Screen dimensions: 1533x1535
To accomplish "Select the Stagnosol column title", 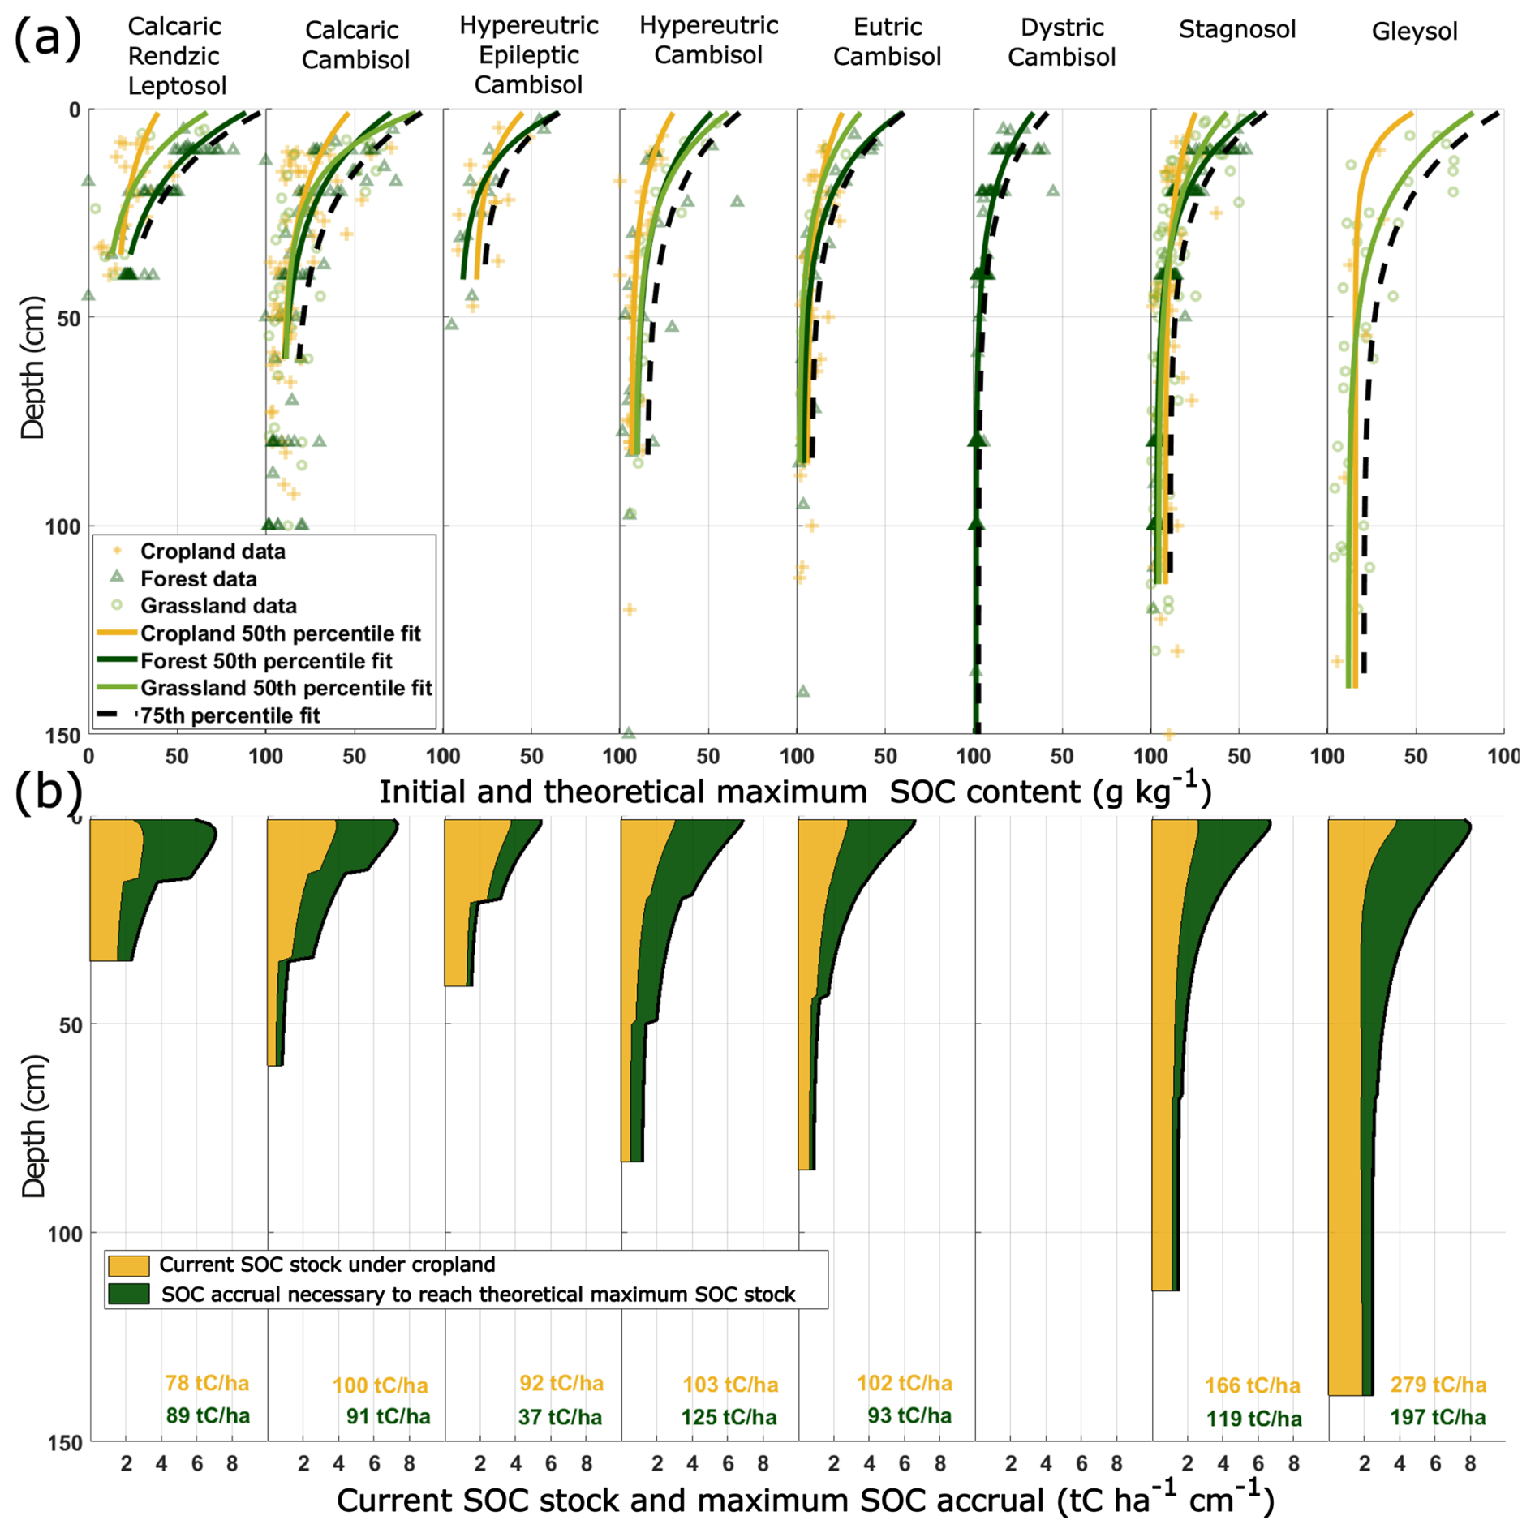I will click(x=1236, y=30).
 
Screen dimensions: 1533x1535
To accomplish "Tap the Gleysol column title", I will click(x=1414, y=32).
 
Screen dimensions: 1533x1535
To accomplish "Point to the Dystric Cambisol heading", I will click(x=1061, y=42).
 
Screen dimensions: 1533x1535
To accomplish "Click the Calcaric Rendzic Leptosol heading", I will click(x=175, y=56).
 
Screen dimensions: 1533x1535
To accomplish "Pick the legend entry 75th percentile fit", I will click(x=230, y=715).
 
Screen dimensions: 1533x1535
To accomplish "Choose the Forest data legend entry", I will click(x=198, y=579).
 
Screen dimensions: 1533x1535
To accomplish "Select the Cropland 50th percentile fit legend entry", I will click(x=280, y=633).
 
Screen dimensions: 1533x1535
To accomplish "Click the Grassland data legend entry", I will click(x=218, y=606).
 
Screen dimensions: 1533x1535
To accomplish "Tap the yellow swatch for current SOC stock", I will click(x=128, y=1265).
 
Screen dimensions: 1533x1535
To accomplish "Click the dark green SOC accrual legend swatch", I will click(x=128, y=1294).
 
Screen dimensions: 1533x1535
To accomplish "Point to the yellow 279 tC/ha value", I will click(x=1438, y=1385).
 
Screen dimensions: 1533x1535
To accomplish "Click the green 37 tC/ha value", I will click(x=560, y=1417).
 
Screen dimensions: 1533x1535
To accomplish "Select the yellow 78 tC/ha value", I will click(x=207, y=1383).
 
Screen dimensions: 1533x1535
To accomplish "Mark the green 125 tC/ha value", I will click(x=729, y=1417).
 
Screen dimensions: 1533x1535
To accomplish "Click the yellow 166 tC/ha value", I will click(x=1252, y=1385).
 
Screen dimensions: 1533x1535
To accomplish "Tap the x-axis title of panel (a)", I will click(x=795, y=792).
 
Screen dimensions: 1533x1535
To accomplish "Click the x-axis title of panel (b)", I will click(x=805, y=1501).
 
